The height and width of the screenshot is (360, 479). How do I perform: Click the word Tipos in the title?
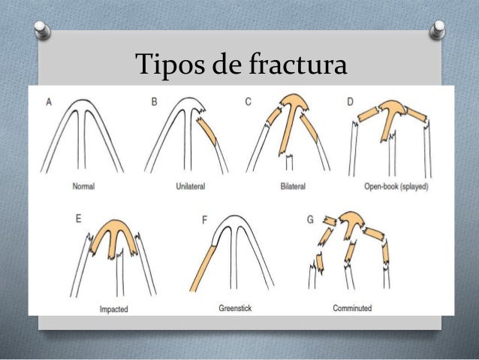(x=170, y=64)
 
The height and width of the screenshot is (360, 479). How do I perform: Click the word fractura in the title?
(x=298, y=63)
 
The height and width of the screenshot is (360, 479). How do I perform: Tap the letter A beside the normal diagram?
(x=49, y=101)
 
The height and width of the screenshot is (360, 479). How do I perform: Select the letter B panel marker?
(x=154, y=101)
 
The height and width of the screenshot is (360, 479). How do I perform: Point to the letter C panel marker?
(x=249, y=101)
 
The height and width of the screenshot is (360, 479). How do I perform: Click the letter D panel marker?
(x=351, y=101)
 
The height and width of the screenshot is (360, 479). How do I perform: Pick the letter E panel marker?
(x=79, y=219)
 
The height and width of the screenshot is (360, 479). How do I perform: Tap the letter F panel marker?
(x=205, y=219)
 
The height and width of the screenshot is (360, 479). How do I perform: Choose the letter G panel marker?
(x=310, y=219)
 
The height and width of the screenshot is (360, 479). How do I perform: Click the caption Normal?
(x=83, y=186)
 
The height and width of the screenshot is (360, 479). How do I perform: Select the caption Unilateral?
(x=190, y=186)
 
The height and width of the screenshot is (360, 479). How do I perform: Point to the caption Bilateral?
(x=293, y=186)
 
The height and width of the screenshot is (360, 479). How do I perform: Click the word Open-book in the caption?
(x=381, y=186)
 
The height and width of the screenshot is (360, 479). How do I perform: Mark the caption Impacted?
(x=113, y=309)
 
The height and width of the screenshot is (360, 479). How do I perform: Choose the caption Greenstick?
(x=235, y=308)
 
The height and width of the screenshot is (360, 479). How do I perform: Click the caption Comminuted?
(x=352, y=308)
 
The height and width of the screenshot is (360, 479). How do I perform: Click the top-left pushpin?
(x=42, y=30)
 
